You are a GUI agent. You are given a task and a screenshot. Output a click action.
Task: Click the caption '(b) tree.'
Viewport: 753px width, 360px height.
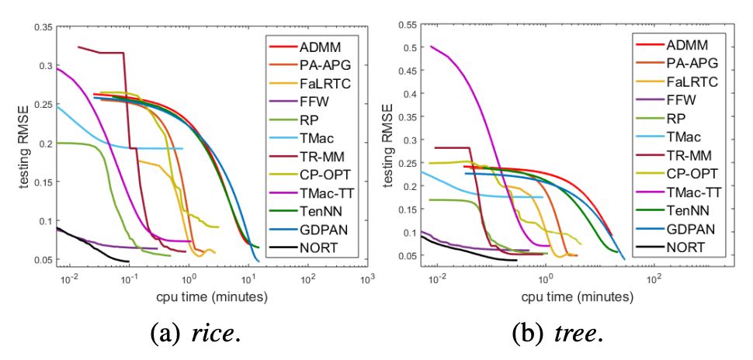click(x=557, y=334)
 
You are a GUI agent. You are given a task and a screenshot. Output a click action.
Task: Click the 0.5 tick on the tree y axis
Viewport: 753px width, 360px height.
click(x=408, y=47)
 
